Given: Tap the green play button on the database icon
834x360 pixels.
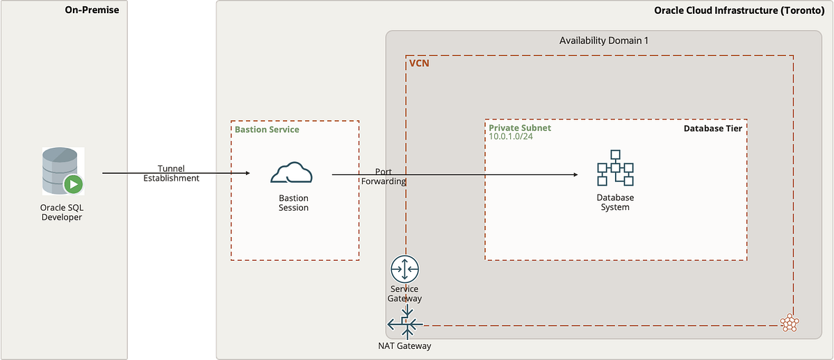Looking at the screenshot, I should coord(73,184).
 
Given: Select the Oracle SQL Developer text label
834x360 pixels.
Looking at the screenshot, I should coord(61,212).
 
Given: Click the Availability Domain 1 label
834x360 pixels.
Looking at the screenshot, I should coord(603,40).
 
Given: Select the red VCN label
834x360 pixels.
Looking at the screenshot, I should coord(419,63).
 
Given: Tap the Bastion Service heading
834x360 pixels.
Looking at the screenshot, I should coord(267,129).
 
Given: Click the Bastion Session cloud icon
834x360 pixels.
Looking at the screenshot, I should coord(293,173).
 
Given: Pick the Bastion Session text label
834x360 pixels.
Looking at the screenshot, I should coord(293,202).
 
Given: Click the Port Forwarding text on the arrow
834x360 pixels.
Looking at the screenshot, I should coord(384,176).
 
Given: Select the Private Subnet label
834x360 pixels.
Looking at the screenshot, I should coord(519,129).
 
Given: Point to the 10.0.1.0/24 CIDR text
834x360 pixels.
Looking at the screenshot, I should coord(511,137).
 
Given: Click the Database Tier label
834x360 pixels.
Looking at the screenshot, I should coord(713,129).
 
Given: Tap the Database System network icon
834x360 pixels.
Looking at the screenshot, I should coord(615,168).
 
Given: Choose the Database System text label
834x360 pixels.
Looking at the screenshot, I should coord(615,202).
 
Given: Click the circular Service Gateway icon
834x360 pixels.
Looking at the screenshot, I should coord(404,269).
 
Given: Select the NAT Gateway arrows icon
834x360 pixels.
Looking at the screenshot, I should coord(404,323).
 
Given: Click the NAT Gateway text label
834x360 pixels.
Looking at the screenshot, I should coord(404,346).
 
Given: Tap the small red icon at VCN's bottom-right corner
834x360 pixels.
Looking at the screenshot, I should coord(788,322).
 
